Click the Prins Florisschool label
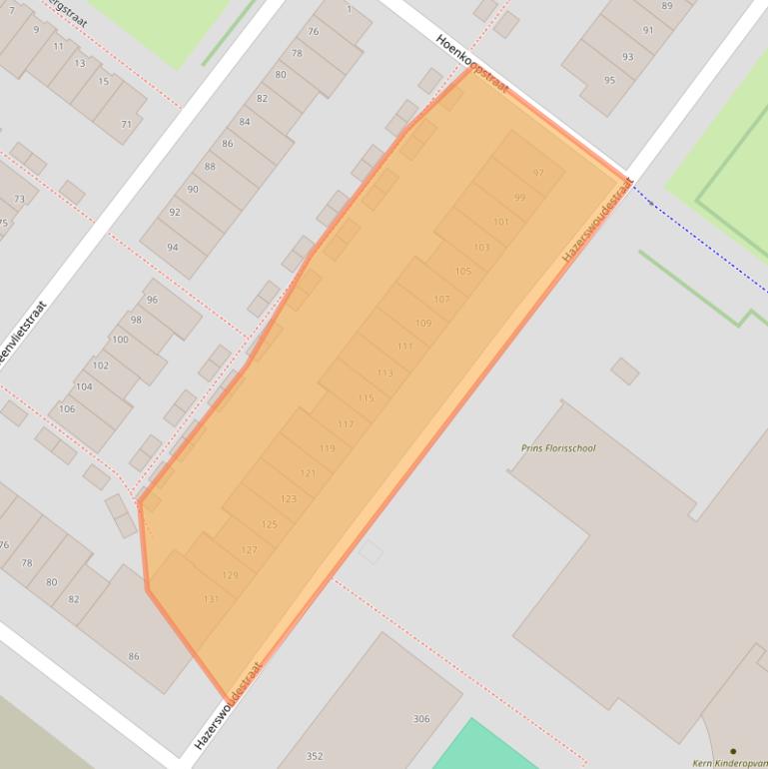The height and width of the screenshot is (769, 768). click(x=558, y=448)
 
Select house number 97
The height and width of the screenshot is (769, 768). click(x=538, y=173)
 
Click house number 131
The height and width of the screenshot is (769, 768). click(x=211, y=599)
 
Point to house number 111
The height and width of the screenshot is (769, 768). click(x=404, y=347)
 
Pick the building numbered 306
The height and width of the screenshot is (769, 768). click(x=421, y=719)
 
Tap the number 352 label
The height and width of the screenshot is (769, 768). click(x=315, y=756)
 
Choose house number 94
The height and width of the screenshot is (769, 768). click(x=173, y=247)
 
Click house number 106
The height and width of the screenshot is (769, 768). click(x=67, y=408)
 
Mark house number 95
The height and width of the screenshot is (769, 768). click(x=610, y=80)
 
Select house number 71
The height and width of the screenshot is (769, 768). click(x=126, y=124)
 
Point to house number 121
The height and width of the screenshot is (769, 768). click(x=308, y=473)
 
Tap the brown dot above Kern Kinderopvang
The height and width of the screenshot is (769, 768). click(x=733, y=751)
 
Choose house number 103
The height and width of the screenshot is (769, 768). click(x=481, y=247)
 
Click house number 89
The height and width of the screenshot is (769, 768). click(x=666, y=6)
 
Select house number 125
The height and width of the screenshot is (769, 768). click(x=269, y=524)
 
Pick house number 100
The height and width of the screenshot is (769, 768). click(x=120, y=340)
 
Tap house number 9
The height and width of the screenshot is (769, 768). click(x=36, y=29)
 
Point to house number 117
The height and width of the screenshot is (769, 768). click(x=346, y=424)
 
